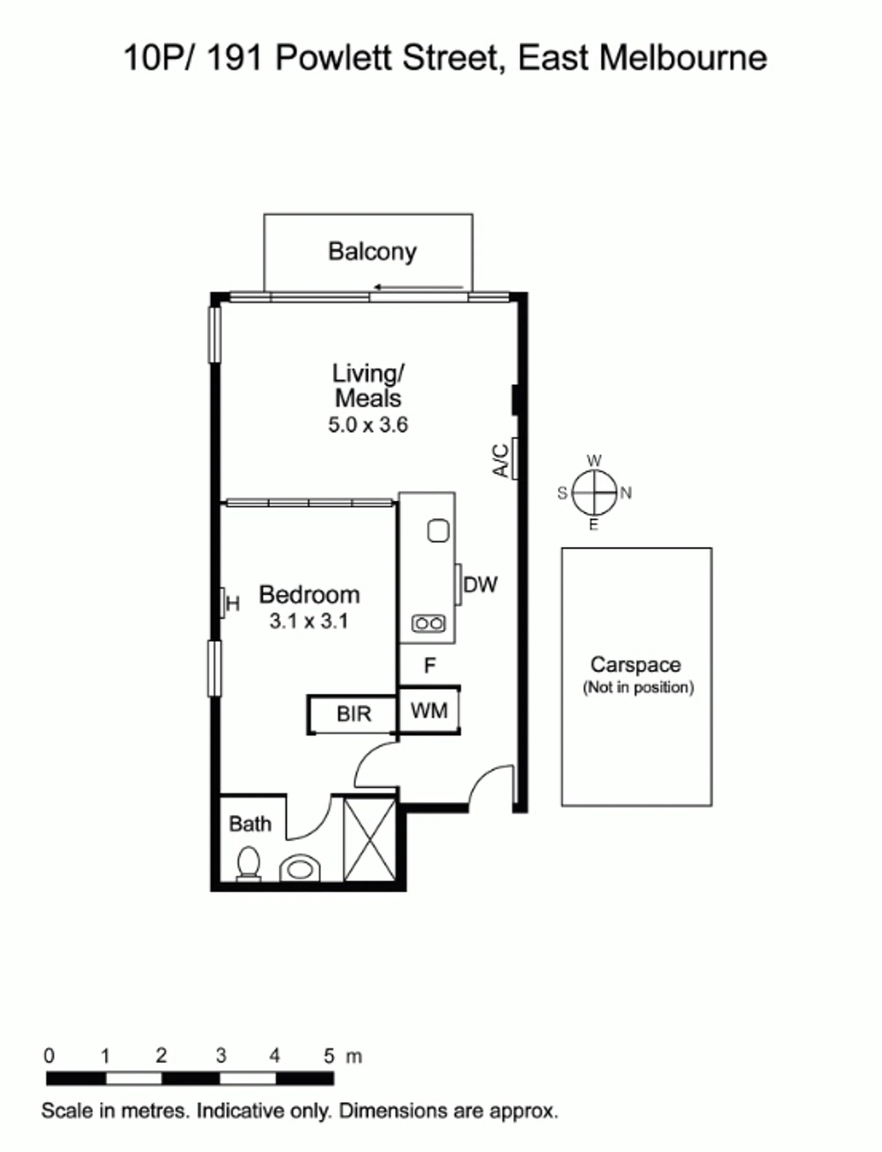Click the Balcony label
(x=372, y=252)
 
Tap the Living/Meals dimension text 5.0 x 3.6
(x=368, y=425)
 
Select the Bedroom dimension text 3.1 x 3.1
(x=309, y=621)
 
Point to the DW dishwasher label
(x=480, y=584)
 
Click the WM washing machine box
(x=429, y=710)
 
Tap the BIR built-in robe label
(x=354, y=714)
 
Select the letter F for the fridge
(x=430, y=666)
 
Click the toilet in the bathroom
(x=248, y=864)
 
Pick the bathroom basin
(x=300, y=868)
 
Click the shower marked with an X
(x=370, y=839)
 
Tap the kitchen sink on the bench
(x=438, y=531)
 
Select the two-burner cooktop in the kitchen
(x=429, y=623)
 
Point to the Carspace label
(x=636, y=665)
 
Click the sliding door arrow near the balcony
(x=418, y=287)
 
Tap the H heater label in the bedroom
(x=233, y=605)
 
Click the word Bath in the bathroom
(x=250, y=824)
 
